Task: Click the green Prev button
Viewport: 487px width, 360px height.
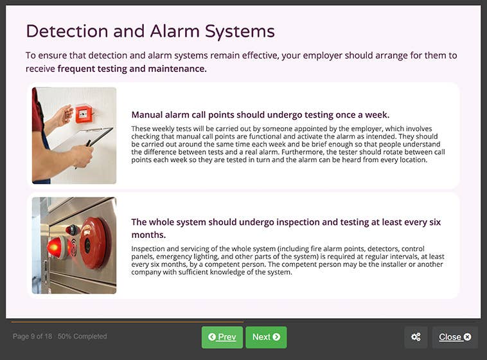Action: [222, 337]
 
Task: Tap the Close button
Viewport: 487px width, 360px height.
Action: [455, 337]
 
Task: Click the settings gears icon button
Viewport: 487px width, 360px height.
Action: [416, 337]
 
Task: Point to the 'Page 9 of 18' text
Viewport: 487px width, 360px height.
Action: [33, 336]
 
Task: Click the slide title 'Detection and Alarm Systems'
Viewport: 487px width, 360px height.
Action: [150, 31]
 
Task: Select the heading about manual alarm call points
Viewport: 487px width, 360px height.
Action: [260, 115]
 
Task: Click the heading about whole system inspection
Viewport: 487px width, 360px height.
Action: [286, 222]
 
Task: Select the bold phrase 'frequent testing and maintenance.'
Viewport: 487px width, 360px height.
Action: [132, 68]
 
